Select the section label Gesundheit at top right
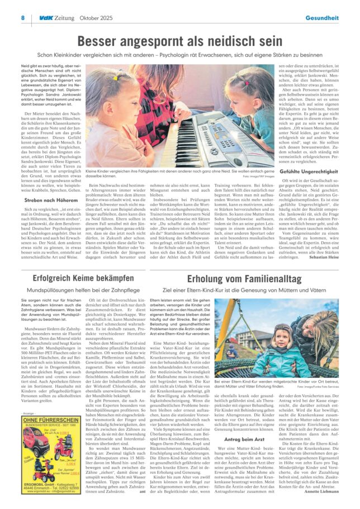321,17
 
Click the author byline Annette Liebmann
321,492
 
